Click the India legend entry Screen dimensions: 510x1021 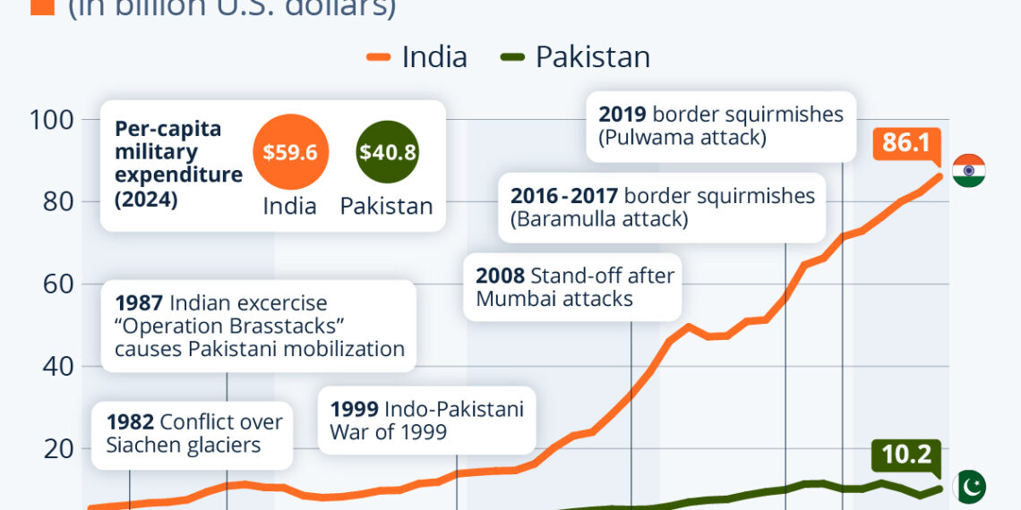(x=417, y=57)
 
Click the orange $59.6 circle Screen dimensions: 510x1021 (x=290, y=151)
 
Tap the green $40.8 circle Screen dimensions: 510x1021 (x=387, y=151)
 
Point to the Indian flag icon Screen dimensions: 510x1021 (x=968, y=170)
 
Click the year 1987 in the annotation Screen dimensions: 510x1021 (x=138, y=303)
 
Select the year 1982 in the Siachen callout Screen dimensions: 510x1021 (x=130, y=421)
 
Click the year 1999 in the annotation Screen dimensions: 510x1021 (x=354, y=410)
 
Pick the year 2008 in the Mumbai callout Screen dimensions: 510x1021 (x=500, y=275)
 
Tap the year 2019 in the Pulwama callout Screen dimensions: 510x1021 (x=622, y=115)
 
